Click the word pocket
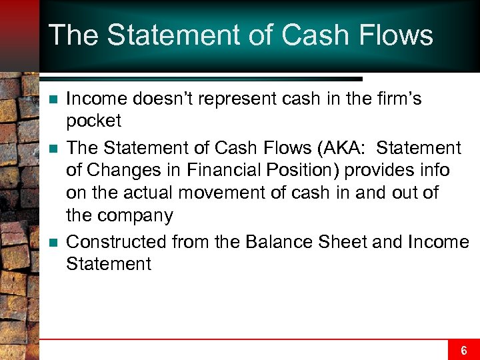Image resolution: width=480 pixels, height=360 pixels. pos(94,121)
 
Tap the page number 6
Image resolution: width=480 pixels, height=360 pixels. pos(463,350)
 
